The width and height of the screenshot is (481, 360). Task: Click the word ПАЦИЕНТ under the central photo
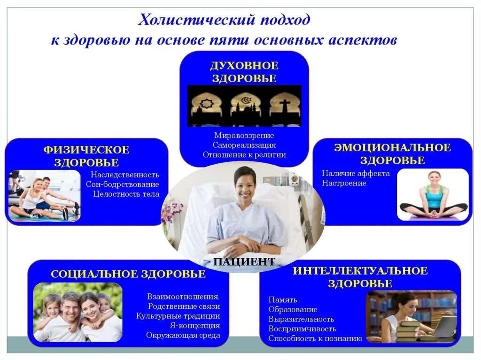(244, 262)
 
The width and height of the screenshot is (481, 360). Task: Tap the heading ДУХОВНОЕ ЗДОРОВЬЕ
(244, 72)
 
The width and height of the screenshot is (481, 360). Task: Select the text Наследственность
(125, 175)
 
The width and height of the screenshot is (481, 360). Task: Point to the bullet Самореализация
(244, 145)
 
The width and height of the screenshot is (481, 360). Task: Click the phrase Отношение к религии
(244, 154)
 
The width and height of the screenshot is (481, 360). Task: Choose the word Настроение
(344, 183)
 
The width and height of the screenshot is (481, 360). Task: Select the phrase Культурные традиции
(178, 316)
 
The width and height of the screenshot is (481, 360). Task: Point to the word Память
(284, 300)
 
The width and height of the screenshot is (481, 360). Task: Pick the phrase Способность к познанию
(315, 338)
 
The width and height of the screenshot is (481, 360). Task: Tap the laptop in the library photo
(444, 326)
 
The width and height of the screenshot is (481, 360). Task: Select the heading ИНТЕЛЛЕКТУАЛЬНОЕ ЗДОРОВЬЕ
(360, 277)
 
